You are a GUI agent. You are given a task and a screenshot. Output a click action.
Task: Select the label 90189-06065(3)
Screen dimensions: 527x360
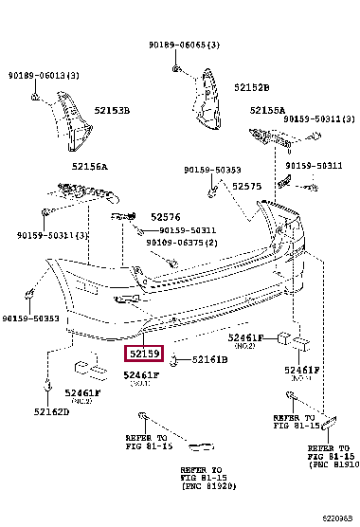coord(184,45)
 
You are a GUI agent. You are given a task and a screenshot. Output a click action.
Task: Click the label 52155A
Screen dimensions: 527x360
coord(268,110)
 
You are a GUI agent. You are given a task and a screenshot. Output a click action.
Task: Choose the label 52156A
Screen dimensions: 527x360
coord(88,167)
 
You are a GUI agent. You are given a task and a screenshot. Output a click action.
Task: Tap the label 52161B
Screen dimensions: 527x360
coord(210,360)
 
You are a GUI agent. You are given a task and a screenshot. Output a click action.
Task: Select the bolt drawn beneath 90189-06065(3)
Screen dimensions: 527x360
coord(176,68)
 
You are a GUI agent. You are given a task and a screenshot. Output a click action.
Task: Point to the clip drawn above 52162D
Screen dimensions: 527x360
coord(45,386)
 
